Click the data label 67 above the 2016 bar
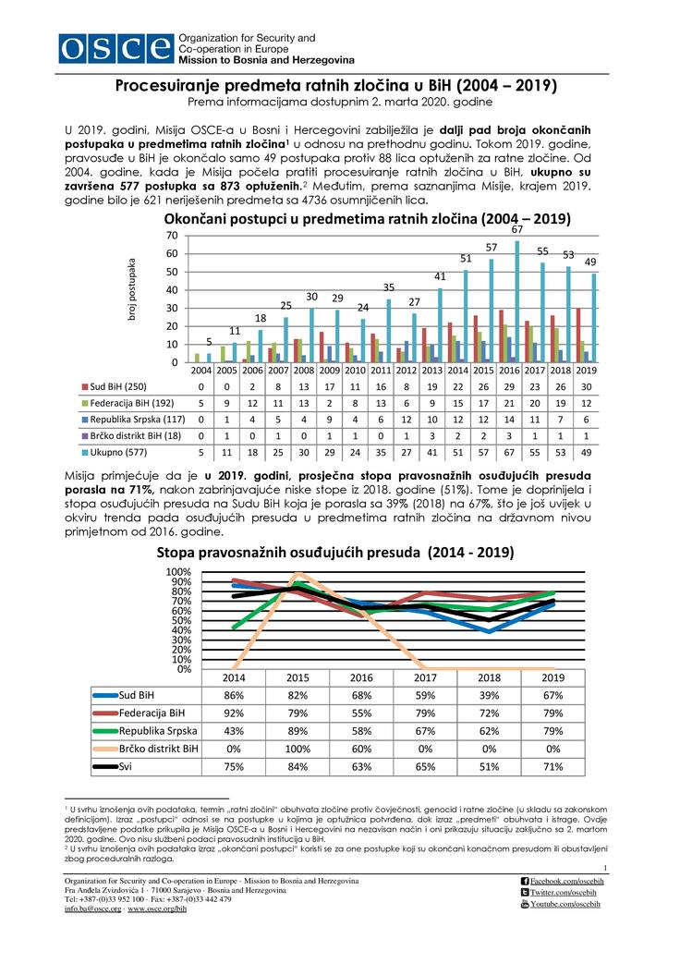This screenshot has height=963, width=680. pos(517,228)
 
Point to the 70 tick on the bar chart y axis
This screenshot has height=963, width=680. pos(172,237)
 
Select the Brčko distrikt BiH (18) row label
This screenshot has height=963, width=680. pos(129,436)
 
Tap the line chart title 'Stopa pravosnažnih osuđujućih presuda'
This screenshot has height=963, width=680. pos(335,552)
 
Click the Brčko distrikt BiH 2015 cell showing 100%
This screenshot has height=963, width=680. pos(297,750)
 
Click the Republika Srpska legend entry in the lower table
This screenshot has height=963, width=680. pos(146,731)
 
